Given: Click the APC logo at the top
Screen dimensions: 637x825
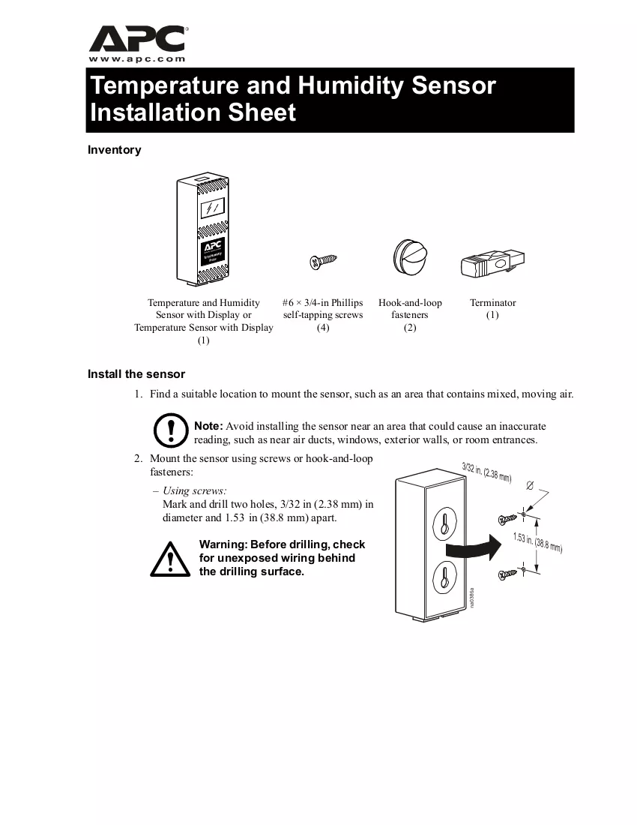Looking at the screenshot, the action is coord(138,38).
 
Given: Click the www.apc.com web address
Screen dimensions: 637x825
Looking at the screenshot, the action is coord(136,59).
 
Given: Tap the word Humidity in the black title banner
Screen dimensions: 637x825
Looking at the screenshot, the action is coord(350,85).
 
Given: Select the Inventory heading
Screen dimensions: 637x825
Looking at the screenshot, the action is coord(114,150).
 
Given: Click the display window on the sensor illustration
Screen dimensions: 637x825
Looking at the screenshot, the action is coord(213,208).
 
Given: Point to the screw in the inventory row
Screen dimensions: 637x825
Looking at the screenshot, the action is coord(323,260).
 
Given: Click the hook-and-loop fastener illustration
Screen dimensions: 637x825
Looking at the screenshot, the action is coord(411,257).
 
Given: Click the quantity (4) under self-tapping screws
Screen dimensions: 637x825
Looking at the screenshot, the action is coord(323,327).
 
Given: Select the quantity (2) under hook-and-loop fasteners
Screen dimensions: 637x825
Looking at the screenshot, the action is coord(410,327).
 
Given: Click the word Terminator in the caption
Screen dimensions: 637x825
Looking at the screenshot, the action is coord(492,302).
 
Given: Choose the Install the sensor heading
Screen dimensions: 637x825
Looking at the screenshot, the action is coord(136,374).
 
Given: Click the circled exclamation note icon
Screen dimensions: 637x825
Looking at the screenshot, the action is coord(170,430).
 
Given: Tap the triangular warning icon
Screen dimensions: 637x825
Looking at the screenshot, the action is coord(170,559).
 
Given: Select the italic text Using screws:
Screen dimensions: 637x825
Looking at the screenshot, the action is coord(194,491).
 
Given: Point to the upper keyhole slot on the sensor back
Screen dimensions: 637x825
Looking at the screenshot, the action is coord(444,523).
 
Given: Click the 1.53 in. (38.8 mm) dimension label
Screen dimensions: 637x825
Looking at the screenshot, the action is coord(537,543).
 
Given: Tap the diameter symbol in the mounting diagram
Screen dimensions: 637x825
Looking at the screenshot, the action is coord(530,486).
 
